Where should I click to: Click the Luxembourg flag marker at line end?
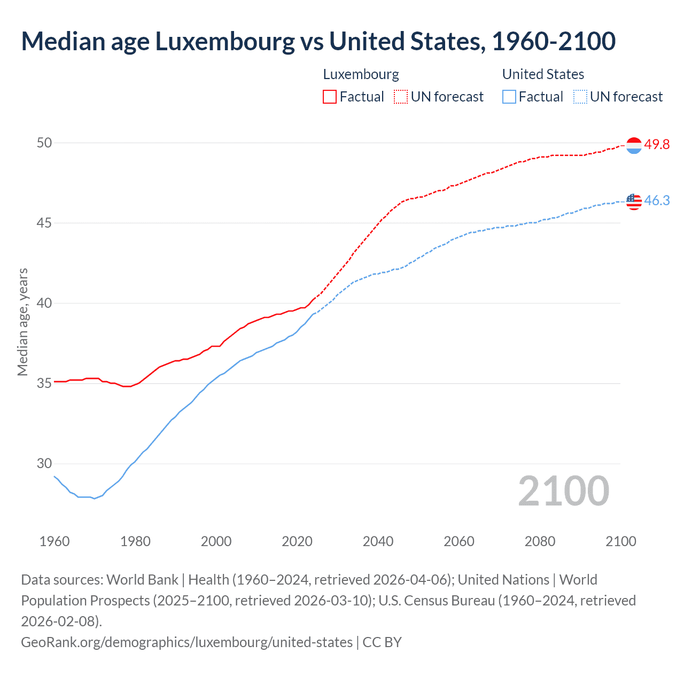634,145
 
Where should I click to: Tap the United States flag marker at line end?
634,201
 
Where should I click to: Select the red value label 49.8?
657,145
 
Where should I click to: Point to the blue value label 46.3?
657,201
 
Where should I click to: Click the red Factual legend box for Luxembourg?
330,97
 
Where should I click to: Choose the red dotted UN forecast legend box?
401,97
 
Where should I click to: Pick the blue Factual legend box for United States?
509,97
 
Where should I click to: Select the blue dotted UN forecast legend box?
580,97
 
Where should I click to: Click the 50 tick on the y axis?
44,143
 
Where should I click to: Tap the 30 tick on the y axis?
44,463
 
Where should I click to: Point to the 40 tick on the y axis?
44,303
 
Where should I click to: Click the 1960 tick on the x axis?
55,541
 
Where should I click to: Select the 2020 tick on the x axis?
297,541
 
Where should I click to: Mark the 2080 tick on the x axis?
540,541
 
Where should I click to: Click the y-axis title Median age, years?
22,322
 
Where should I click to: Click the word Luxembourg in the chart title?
224,42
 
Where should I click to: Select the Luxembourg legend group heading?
361,74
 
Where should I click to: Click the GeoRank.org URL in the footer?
186,642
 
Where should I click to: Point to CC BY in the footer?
382,642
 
